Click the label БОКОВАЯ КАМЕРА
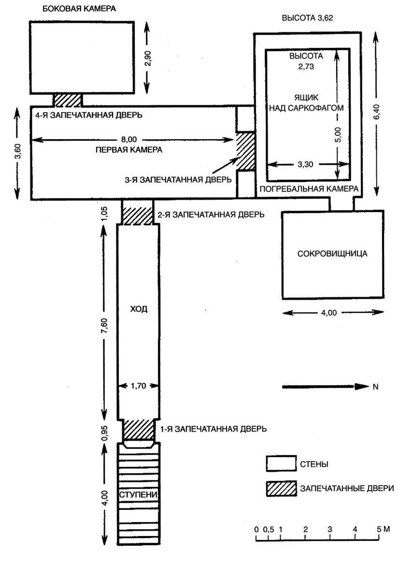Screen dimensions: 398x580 [x=79, y=9]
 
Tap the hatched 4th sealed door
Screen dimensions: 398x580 [x=68, y=100]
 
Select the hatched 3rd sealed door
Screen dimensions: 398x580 [x=245, y=151]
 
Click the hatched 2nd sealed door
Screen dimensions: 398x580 [x=137, y=212]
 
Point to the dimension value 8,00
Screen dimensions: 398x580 [x=129, y=139]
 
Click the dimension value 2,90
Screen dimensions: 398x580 [x=148, y=58]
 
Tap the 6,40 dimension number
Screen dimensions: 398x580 [x=377, y=112]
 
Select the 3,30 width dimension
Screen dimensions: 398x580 [x=305, y=164]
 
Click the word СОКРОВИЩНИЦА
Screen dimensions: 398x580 [x=332, y=253]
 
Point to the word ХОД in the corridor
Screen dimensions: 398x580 [x=139, y=309]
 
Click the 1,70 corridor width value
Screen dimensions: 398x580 [x=139, y=386]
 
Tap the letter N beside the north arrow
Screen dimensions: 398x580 [x=376, y=387]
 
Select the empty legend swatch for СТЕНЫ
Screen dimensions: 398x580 [x=282, y=463]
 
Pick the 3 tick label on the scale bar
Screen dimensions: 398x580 [x=330, y=529]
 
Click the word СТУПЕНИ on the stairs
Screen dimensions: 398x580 [x=138, y=494]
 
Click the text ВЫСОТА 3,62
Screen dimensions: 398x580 [x=307, y=18]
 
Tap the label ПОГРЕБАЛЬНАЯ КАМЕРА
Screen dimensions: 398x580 [x=309, y=189]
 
